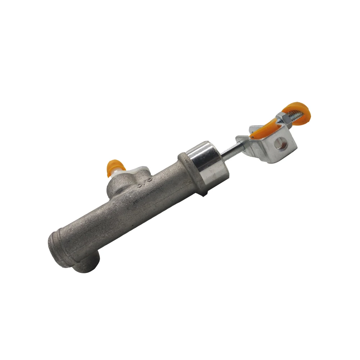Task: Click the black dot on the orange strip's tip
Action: tap(252, 137)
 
